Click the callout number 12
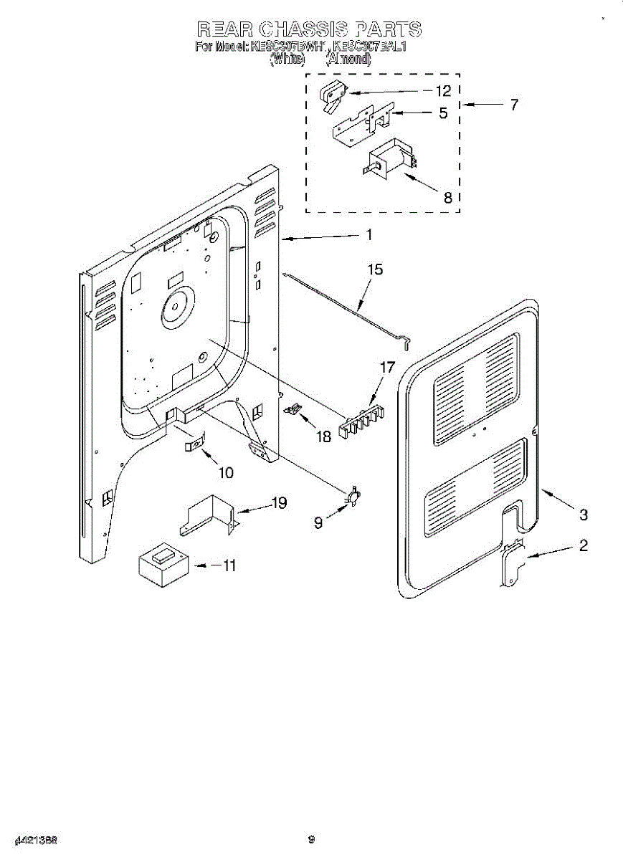[443, 91]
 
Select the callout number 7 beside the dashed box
[513, 105]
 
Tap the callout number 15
[375, 270]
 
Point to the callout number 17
[387, 368]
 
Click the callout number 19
[278, 503]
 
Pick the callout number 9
[318, 523]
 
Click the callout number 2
[583, 546]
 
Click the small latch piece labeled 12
[332, 96]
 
